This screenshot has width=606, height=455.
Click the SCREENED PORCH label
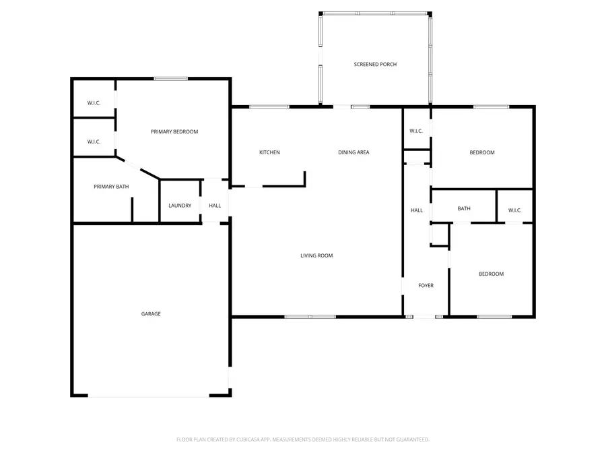[x=375, y=65]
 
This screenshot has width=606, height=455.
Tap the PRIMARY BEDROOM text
[x=174, y=132]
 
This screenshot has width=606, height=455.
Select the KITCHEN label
[x=269, y=152]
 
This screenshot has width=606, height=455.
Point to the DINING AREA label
[x=353, y=152]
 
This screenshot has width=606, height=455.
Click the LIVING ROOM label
[x=316, y=255]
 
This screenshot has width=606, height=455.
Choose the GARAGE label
[x=151, y=313]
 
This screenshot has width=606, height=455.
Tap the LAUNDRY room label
[x=180, y=206]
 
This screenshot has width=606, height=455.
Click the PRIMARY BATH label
[x=111, y=187]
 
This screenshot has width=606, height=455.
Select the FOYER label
[x=426, y=286]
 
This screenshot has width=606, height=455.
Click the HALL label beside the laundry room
[x=215, y=206]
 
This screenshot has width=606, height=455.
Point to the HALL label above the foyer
[x=417, y=210]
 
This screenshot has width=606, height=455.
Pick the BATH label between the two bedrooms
[x=464, y=209]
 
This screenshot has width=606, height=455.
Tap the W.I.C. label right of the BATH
[x=514, y=210]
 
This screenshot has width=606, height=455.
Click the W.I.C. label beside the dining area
[x=416, y=131]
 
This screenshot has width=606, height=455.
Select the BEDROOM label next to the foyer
[x=491, y=274]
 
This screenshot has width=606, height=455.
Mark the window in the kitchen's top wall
[x=269, y=107]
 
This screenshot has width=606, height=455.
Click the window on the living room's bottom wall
[x=310, y=316]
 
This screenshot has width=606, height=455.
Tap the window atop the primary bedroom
[x=170, y=79]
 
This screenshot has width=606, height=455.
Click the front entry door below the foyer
[x=424, y=316]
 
